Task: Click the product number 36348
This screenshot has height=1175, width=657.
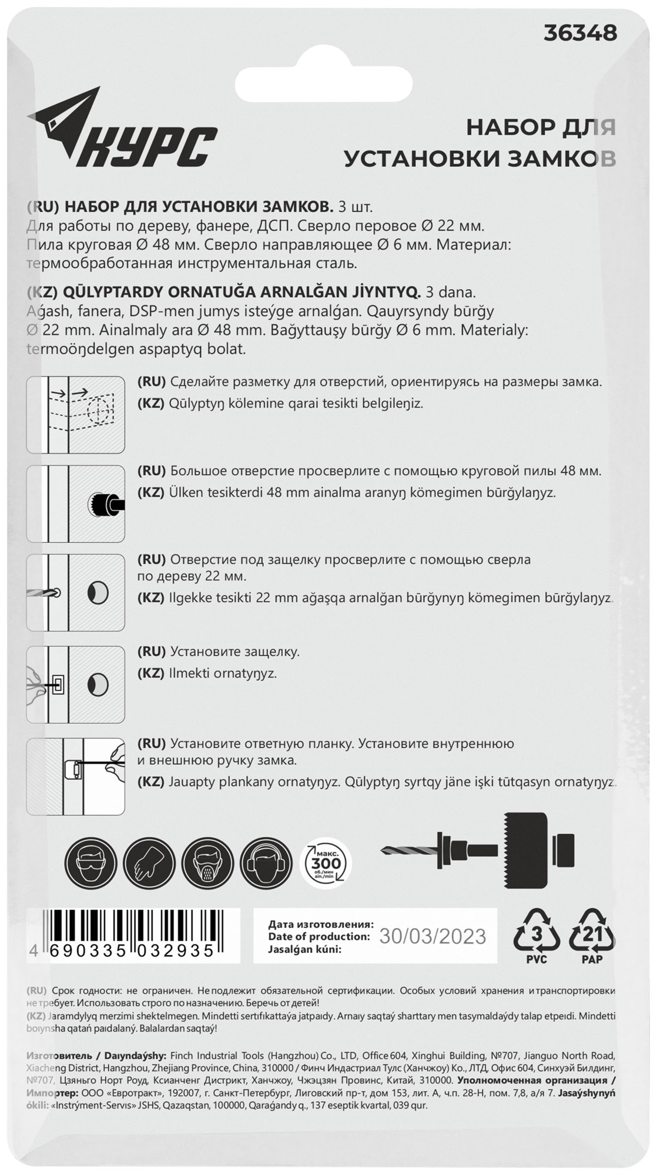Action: tap(580, 33)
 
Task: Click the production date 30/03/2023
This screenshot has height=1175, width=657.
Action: tap(433, 936)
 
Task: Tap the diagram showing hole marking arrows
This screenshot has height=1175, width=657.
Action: tap(76, 414)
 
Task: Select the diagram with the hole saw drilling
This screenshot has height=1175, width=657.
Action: tap(76, 503)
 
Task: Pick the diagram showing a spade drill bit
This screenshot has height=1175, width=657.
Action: tap(76, 592)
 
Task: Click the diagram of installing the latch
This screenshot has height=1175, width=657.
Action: tap(76, 684)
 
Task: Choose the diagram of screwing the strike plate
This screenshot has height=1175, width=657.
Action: tap(76, 776)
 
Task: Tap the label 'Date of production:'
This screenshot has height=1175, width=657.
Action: tap(319, 936)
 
